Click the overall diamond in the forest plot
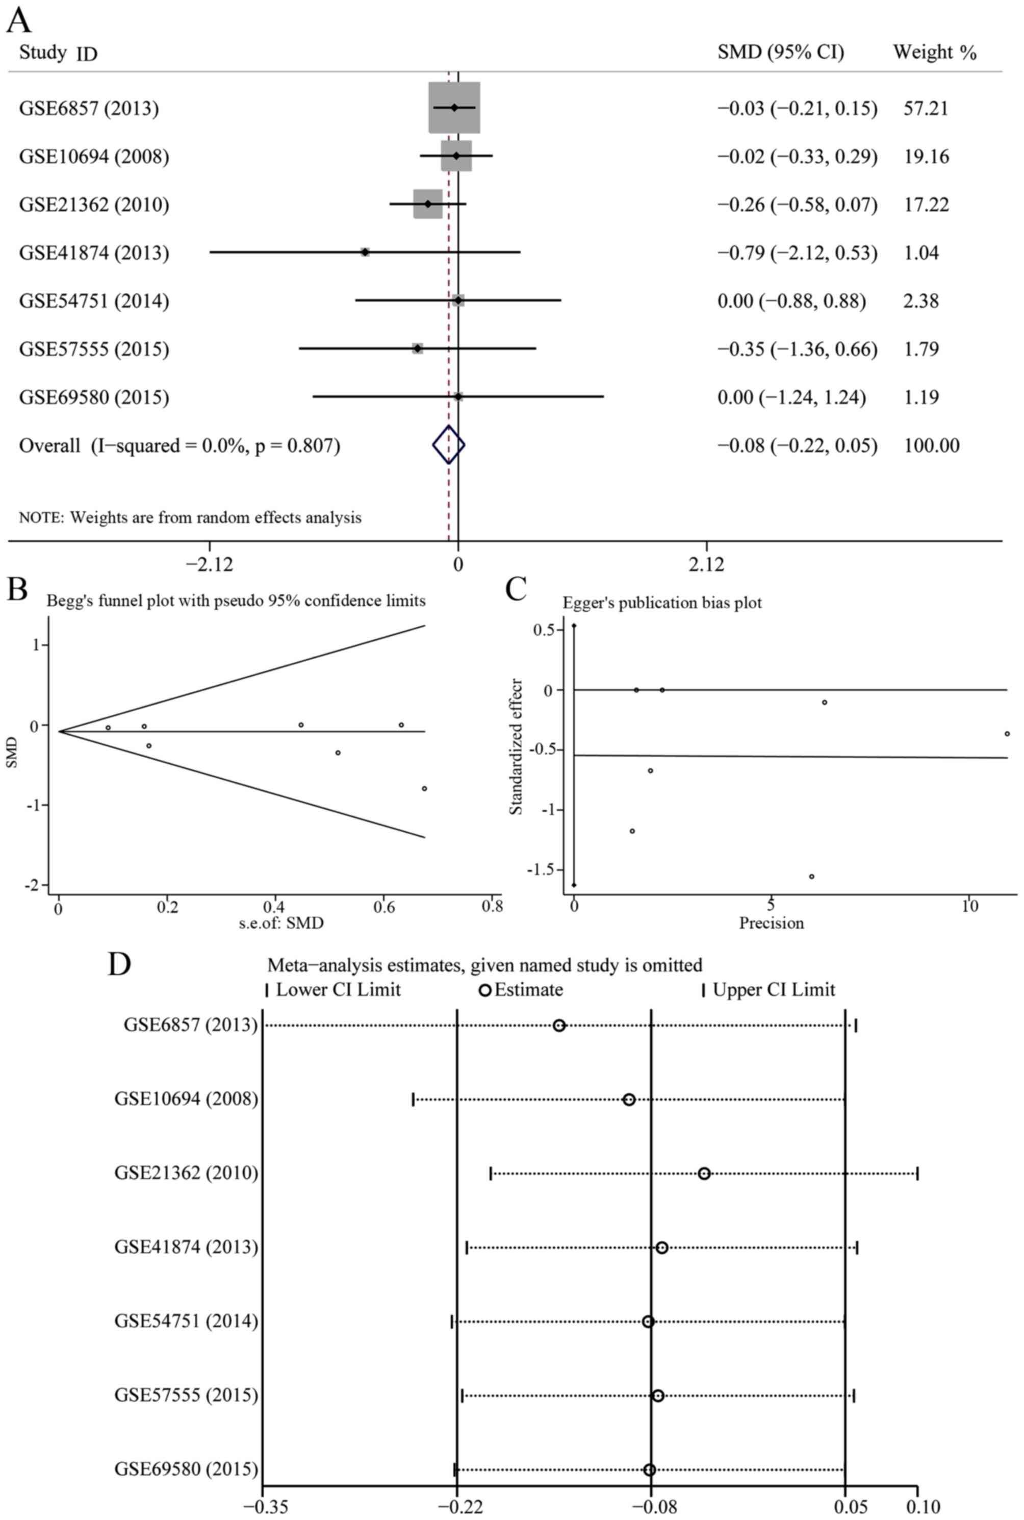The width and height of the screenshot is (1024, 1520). [x=449, y=445]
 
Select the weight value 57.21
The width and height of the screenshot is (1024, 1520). [x=926, y=108]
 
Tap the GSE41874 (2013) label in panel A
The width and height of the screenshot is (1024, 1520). [x=94, y=253]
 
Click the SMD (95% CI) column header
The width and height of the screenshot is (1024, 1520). [x=780, y=52]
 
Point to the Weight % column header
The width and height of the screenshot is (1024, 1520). [x=935, y=52]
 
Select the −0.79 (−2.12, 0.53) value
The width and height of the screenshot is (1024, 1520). [x=798, y=253]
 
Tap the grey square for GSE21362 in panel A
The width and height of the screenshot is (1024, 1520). [x=428, y=204]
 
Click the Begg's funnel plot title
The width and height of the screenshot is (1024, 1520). [x=236, y=601]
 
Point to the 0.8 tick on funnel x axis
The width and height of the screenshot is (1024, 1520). [x=492, y=908]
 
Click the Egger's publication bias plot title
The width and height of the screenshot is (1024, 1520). [x=662, y=603]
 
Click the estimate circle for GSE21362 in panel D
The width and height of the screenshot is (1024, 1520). [x=704, y=1174]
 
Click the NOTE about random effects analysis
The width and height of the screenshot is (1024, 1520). [x=190, y=518]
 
